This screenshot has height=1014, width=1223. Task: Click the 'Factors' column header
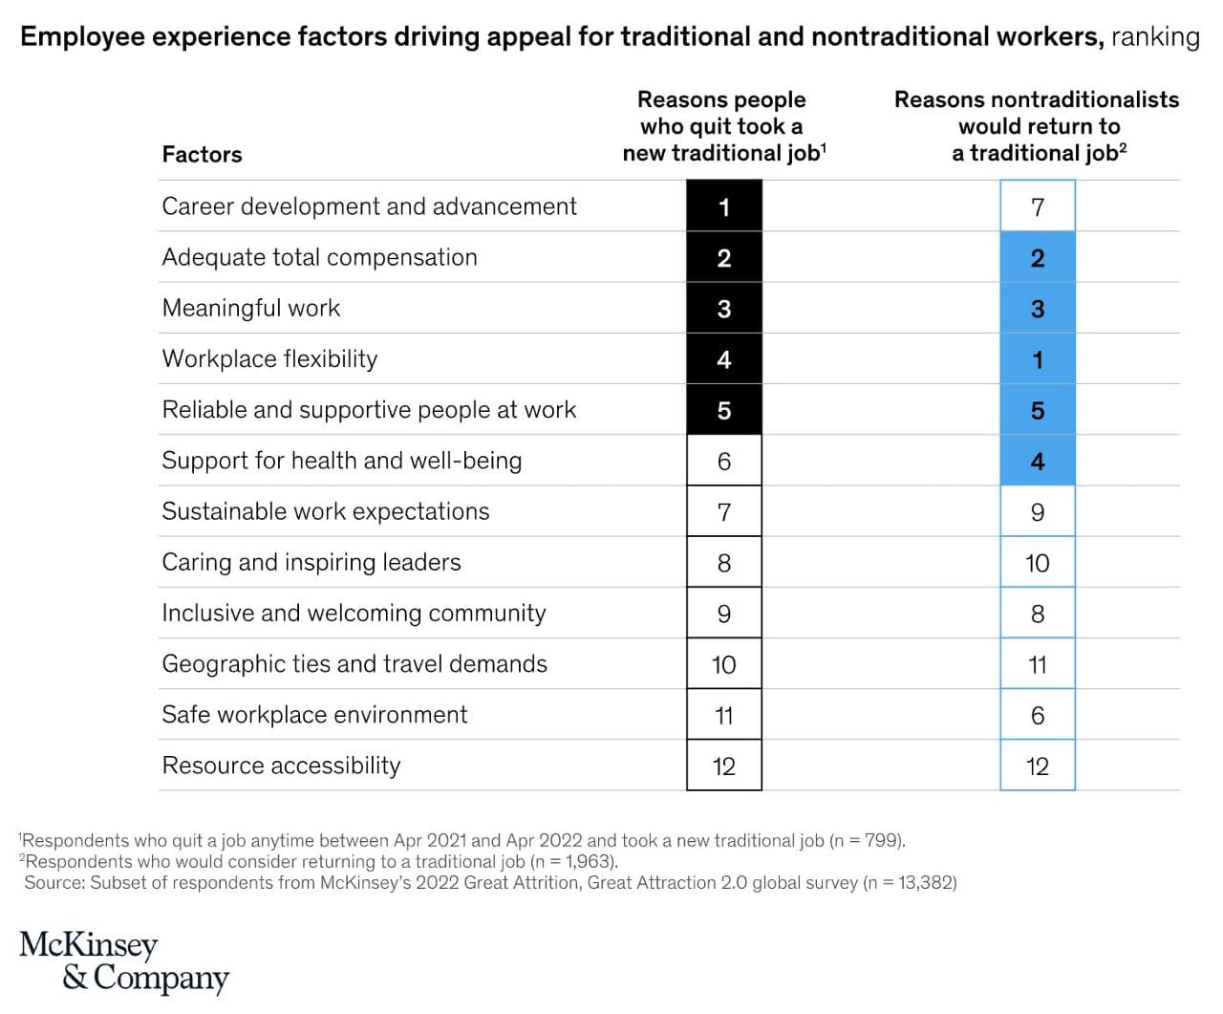(202, 155)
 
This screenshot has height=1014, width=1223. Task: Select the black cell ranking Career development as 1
(724, 206)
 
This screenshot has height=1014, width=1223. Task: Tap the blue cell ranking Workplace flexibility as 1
(1038, 359)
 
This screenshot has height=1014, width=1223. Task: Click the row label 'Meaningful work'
(251, 308)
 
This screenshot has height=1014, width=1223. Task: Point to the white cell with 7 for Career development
(1038, 206)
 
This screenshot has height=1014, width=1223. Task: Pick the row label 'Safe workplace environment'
(314, 715)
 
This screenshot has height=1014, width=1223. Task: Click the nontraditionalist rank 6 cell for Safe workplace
(1038, 715)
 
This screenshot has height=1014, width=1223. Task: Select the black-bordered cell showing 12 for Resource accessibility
(724, 766)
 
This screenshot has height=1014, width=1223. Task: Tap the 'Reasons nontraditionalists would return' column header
(1038, 126)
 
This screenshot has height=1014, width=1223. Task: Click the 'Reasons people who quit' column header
(723, 126)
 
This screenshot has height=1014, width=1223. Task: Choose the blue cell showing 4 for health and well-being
(1038, 461)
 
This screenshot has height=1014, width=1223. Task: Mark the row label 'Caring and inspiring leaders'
(311, 562)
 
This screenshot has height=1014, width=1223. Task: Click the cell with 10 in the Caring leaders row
(1038, 563)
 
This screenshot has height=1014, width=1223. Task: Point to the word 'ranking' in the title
(1154, 37)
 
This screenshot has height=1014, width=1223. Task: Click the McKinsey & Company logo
(124, 961)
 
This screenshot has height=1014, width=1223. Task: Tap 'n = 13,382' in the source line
(910, 882)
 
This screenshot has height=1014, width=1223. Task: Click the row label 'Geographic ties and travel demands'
(354, 664)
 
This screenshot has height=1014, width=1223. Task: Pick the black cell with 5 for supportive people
(724, 410)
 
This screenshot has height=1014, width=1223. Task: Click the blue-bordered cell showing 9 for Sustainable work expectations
(1038, 512)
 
